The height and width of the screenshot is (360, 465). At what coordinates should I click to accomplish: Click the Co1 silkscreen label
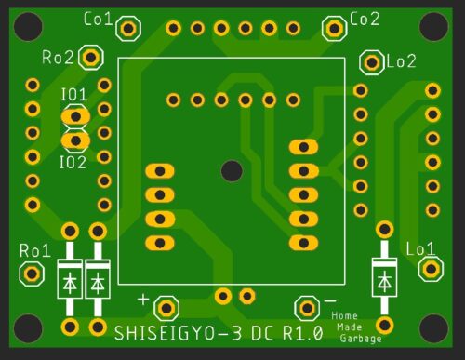(x=98, y=19)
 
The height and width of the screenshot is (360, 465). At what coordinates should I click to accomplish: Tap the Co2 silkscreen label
(x=365, y=19)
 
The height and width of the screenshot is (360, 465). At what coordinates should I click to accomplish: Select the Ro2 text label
(x=58, y=58)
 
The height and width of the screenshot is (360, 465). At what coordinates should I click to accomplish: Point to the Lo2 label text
(x=401, y=62)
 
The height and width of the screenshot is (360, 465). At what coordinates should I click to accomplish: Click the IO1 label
(x=73, y=95)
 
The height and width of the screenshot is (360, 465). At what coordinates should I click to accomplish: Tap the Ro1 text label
(x=34, y=250)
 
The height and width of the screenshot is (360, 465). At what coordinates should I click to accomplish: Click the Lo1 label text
(x=420, y=248)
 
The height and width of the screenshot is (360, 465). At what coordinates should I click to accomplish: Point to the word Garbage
(x=360, y=339)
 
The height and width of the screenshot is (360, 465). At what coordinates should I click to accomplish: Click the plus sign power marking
(x=143, y=300)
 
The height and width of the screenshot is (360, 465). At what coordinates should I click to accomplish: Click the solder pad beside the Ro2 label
(x=90, y=58)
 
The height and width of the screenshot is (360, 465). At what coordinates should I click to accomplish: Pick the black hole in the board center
(x=232, y=170)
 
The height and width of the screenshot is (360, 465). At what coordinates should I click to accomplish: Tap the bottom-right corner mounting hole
(x=433, y=327)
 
